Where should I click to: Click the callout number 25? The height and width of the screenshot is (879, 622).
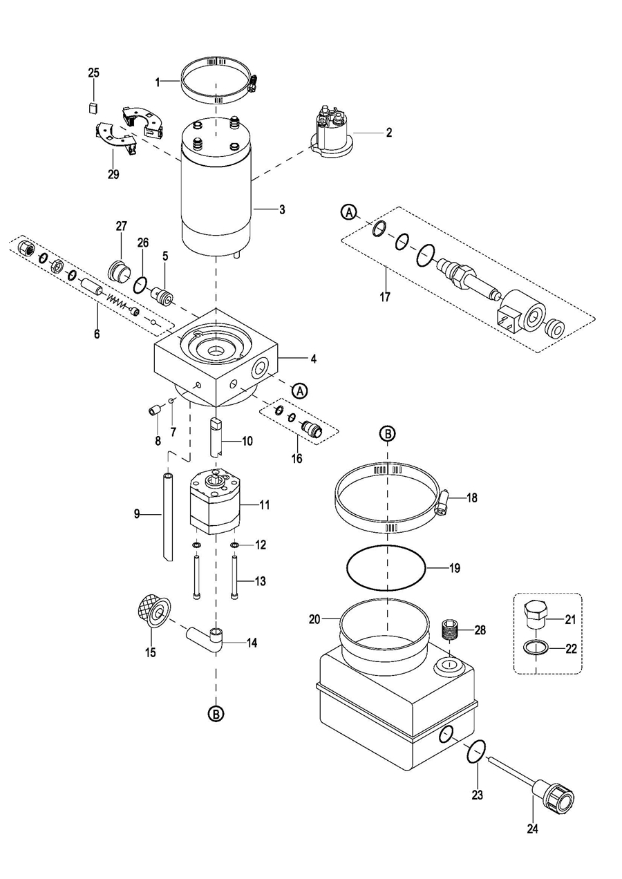pos(94,73)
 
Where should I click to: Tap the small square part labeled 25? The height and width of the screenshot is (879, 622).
pos(93,107)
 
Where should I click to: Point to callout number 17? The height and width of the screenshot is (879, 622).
pos(386,297)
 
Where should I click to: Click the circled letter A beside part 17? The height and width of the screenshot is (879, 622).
pos(348,212)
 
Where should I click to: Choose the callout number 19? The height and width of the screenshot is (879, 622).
pos(455,568)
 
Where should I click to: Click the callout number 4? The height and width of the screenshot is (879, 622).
pos(313,359)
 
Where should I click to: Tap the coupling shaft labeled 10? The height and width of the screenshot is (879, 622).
pos(216,437)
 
